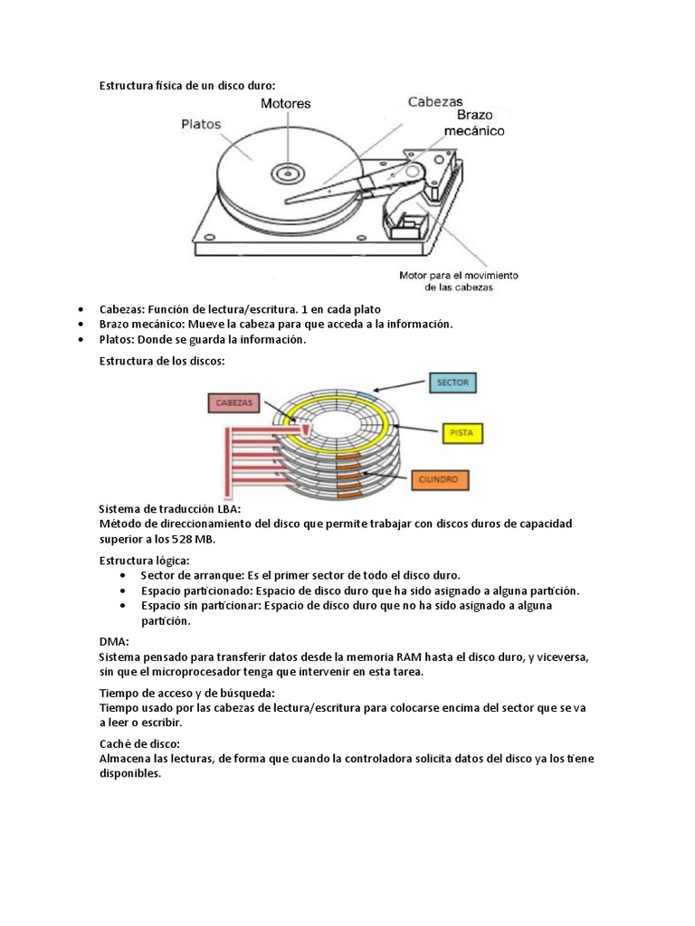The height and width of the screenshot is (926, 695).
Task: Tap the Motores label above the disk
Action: click(x=285, y=103)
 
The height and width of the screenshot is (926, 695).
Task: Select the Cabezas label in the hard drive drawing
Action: click(x=434, y=102)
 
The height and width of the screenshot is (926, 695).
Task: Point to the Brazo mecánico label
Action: click(x=474, y=123)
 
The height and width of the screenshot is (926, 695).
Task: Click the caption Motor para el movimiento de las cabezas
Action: click(x=459, y=280)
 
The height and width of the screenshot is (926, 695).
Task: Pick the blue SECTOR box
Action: click(x=452, y=383)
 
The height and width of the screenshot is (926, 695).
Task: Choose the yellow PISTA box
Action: click(x=462, y=433)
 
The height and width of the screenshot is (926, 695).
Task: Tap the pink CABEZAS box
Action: click(x=233, y=403)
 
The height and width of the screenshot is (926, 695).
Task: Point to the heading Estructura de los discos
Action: click(x=161, y=361)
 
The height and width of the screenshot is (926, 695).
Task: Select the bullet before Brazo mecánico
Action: click(x=81, y=325)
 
